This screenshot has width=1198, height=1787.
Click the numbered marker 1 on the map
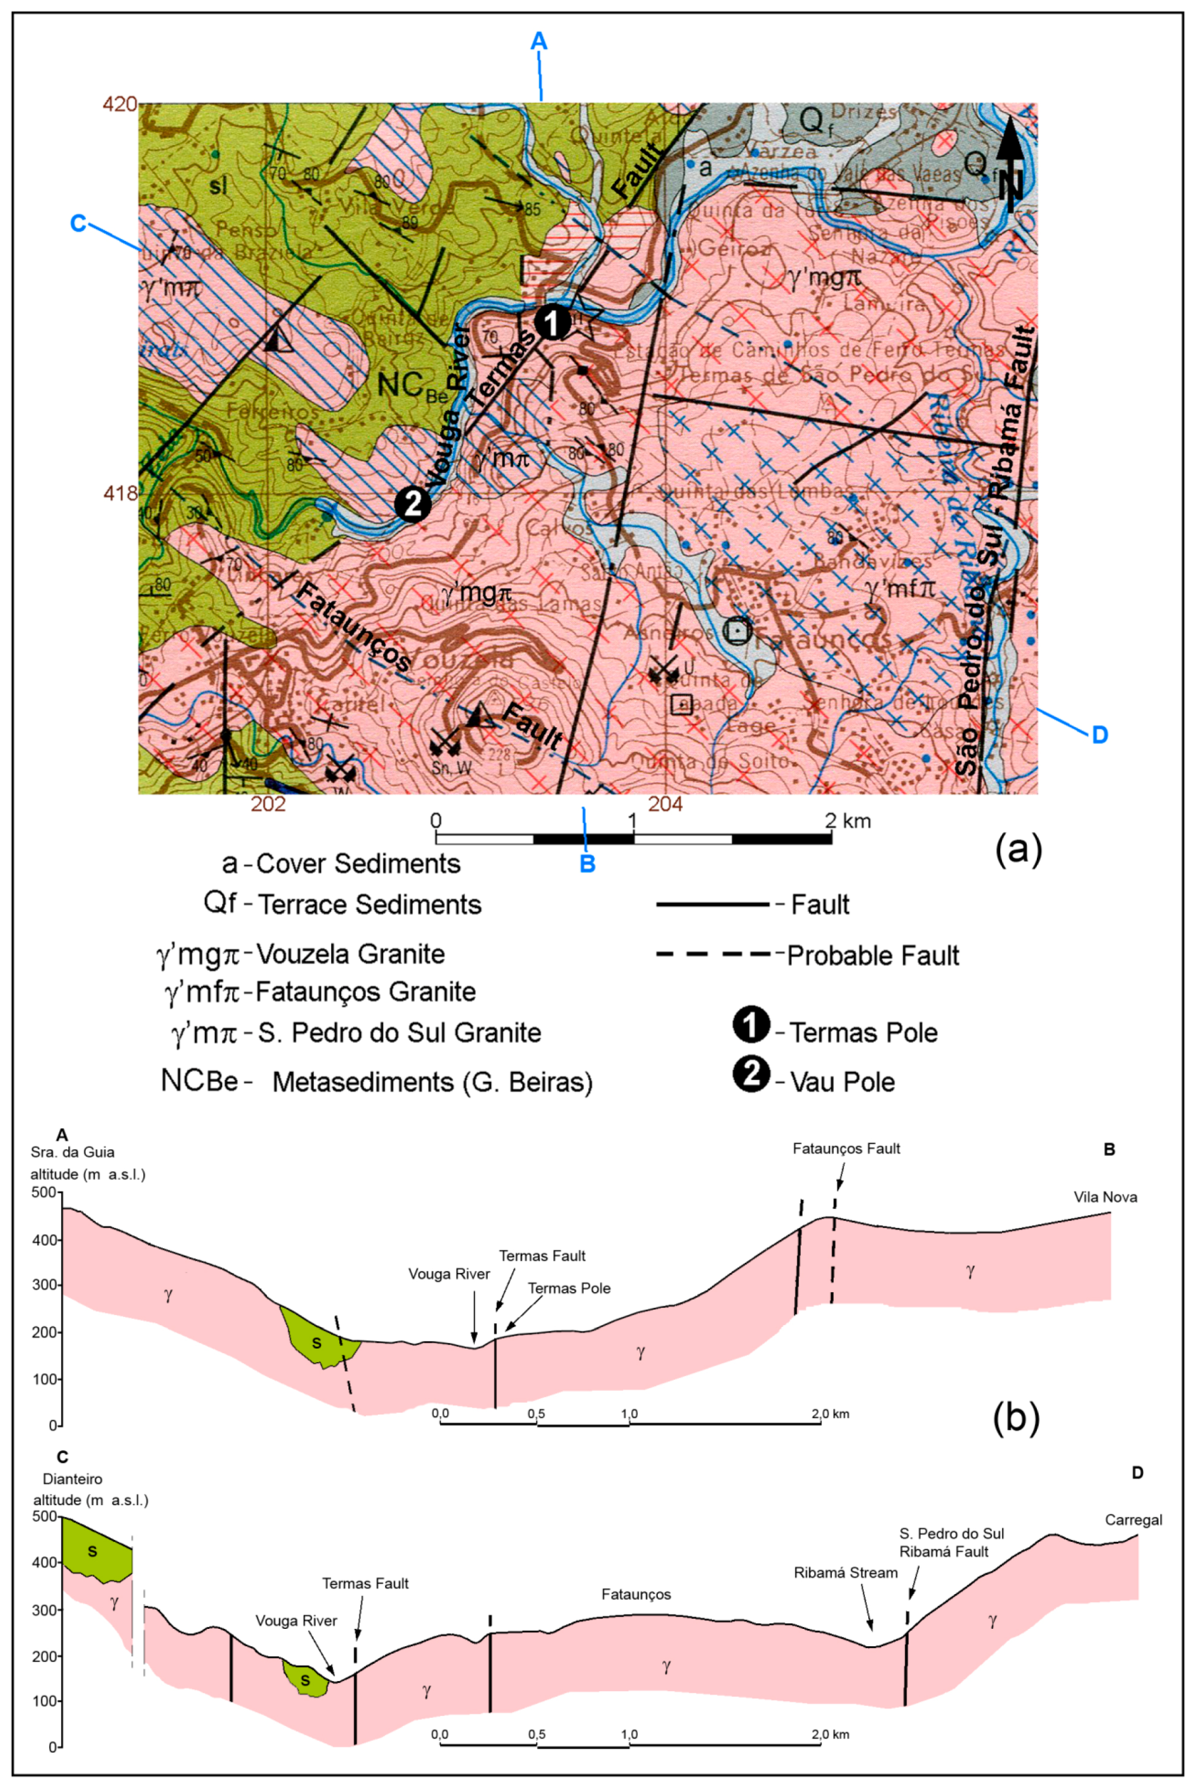551,323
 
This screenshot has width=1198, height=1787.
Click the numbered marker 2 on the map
413,504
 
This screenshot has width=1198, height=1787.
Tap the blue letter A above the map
539,41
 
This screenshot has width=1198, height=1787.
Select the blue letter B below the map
587,864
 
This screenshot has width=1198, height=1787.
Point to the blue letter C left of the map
78,223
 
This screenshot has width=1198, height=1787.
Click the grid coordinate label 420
120,104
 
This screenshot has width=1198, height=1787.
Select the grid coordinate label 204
665,804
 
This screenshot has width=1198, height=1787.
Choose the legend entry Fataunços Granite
365,992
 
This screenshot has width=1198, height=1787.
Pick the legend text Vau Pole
842,1082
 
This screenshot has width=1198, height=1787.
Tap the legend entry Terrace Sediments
370,904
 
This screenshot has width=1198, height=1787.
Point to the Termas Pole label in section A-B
569,1288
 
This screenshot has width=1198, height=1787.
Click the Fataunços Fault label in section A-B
846,1148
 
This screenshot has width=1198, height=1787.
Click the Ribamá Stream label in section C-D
845,1572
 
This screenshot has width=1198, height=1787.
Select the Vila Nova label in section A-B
1105,1197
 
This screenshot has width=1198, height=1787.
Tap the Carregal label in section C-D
1133,1519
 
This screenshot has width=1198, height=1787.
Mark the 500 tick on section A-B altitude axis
44,1192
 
